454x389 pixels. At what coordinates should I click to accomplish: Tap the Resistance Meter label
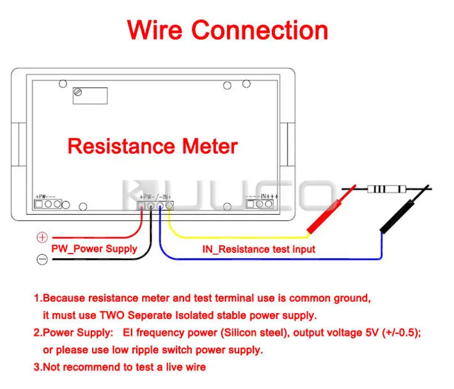152,146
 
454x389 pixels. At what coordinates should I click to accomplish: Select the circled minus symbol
42,259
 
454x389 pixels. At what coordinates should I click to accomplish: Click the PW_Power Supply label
94,248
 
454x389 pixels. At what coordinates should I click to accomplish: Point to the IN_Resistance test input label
258,249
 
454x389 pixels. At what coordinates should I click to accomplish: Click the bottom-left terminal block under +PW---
48,204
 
